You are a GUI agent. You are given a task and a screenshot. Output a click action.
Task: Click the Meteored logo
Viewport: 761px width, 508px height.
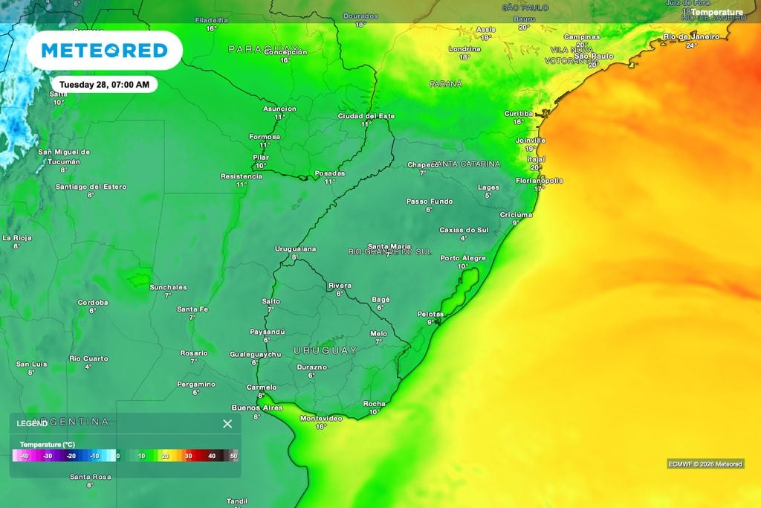click(104, 51)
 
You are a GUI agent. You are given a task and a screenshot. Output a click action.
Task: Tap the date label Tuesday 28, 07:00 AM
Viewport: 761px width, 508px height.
click(104, 85)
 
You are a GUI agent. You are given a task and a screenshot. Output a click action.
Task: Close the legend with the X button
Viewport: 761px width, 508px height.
click(227, 424)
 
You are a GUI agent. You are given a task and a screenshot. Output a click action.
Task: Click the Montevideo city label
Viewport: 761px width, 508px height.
click(321, 418)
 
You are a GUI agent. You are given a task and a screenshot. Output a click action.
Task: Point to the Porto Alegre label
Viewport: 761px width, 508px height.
click(463, 258)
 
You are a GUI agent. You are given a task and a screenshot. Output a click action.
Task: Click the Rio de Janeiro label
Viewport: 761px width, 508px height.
click(691, 36)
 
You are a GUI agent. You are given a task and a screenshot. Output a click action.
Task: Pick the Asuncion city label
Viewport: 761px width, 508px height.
click(279, 109)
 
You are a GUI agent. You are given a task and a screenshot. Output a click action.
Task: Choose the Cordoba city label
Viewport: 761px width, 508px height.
click(93, 303)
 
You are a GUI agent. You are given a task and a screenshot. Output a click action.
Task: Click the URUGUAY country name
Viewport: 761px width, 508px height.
click(325, 350)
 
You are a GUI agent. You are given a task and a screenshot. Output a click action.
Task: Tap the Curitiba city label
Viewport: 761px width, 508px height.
click(519, 113)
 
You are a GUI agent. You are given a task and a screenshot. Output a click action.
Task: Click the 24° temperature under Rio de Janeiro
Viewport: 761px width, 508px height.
click(691, 45)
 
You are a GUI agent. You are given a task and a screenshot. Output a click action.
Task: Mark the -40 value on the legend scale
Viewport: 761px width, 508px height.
click(25, 456)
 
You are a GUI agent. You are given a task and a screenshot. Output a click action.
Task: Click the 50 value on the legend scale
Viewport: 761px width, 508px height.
click(233, 456)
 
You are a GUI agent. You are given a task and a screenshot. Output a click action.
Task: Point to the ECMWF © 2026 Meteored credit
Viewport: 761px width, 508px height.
click(705, 464)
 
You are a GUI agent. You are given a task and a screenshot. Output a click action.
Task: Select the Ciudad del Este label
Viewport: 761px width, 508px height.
click(366, 116)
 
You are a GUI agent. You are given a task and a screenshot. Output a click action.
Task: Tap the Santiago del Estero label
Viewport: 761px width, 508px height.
click(91, 187)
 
